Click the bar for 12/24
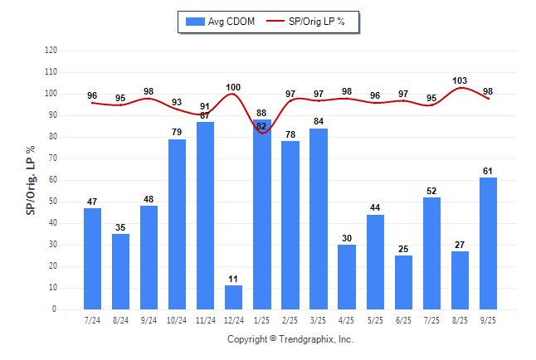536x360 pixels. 233,297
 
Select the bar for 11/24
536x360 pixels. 205,216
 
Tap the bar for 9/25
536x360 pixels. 488,243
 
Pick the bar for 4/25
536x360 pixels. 346,277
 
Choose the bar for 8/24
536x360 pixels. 120,271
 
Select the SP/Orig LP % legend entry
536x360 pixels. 311,21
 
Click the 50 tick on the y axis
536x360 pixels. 53,202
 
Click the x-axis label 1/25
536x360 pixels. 261,320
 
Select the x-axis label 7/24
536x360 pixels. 92,320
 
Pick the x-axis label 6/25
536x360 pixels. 403,320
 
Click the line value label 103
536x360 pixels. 460,80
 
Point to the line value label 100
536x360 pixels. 233,87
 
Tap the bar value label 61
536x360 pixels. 488,171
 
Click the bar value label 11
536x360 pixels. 233,279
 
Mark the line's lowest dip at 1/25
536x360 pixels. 261,133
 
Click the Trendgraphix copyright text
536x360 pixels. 290,339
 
